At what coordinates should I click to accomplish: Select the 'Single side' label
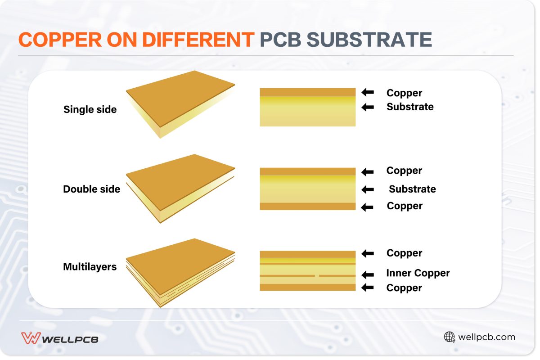pos(90,109)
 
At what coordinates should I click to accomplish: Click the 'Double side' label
pos(92,189)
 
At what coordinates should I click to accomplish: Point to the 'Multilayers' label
pos(90,267)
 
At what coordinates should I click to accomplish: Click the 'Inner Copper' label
pos(418,273)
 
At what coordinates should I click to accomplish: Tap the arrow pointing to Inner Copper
pos(368,274)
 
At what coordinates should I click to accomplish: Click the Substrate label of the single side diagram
pos(409,107)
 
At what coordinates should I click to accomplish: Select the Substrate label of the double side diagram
pos(412,189)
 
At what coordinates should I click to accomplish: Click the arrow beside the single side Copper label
pos(368,92)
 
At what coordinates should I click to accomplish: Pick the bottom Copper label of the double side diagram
pos(405,206)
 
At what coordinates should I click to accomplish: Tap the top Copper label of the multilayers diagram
pos(404,253)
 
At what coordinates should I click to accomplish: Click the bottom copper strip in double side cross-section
pos(308,207)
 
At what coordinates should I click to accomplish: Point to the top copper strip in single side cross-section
pos(308,92)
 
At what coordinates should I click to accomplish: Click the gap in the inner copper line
pos(317,275)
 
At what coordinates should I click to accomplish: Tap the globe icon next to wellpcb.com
pos(449,337)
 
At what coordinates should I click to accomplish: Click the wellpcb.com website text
pos(486,337)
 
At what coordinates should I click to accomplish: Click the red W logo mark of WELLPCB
pos(31,338)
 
